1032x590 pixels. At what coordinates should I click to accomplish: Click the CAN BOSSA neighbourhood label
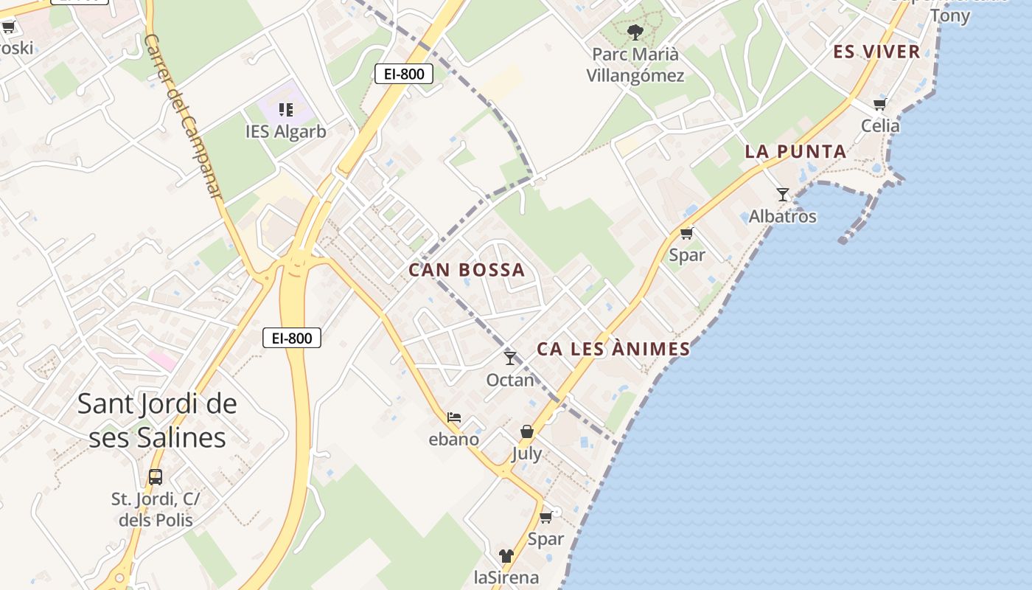tap(467, 270)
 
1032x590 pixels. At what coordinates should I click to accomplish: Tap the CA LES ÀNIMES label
tap(613, 349)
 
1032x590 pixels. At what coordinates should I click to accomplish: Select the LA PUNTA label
tap(795, 152)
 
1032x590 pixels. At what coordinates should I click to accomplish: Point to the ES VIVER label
tap(876, 52)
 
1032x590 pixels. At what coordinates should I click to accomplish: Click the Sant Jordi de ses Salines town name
tap(157, 420)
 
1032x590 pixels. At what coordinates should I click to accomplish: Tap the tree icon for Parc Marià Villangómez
tap(635, 32)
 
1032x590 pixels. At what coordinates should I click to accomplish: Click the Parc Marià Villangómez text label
tap(635, 65)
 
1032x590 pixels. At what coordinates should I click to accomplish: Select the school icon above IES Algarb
tap(286, 110)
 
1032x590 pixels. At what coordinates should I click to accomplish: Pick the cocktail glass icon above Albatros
tap(783, 195)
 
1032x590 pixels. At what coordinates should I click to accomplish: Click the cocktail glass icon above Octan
tap(510, 358)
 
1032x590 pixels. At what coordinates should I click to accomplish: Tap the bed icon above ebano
tap(454, 417)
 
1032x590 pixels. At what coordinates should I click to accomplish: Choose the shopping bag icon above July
tap(527, 432)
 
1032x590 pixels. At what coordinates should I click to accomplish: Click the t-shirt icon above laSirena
tap(506, 555)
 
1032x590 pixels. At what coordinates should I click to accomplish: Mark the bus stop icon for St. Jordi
tap(155, 476)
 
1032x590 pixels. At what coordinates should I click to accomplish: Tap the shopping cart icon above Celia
tap(879, 104)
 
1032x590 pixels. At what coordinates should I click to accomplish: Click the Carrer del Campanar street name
tap(184, 114)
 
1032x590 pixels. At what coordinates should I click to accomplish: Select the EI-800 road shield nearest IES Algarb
tap(403, 74)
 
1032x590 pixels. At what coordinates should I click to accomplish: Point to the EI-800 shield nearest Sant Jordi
tap(292, 339)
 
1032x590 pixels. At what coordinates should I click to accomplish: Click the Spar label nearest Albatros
tap(687, 255)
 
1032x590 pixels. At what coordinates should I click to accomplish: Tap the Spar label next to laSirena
tap(545, 539)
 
